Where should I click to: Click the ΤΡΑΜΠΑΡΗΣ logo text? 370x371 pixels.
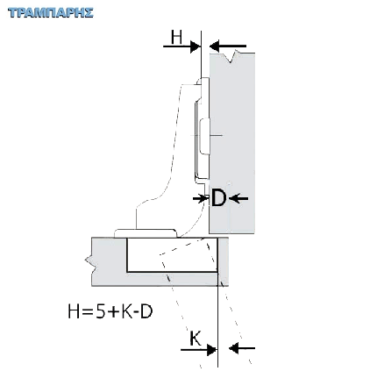pos(51,13)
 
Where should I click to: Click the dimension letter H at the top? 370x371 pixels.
pos(176,38)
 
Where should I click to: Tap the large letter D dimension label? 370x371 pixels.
pos(218,198)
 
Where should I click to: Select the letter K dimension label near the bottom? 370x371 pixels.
pos(196,339)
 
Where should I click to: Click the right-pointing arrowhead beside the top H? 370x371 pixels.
pos(195,46)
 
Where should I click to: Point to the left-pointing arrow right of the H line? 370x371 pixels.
pos(228,46)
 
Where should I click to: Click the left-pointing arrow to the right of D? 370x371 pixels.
pos(238,199)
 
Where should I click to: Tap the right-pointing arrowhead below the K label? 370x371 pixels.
pos(211,349)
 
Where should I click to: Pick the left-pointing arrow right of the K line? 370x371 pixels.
pos(242,348)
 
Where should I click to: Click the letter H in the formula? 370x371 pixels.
pos(74,311)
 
